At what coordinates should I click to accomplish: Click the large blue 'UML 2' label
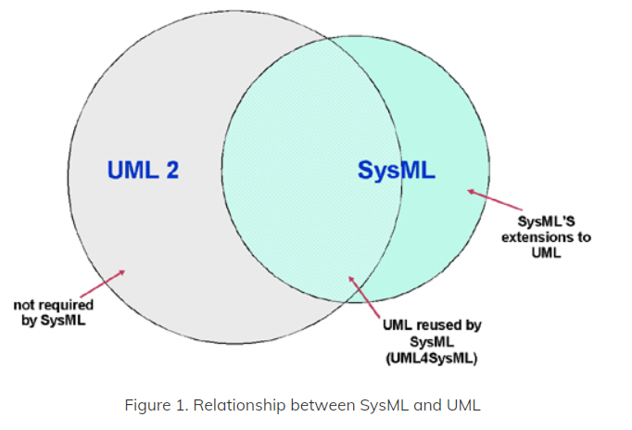pyautogui.click(x=143, y=170)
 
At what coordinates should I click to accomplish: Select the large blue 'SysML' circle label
pyautogui.click(x=397, y=170)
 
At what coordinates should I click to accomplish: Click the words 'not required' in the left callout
pyautogui.click(x=54, y=305)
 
